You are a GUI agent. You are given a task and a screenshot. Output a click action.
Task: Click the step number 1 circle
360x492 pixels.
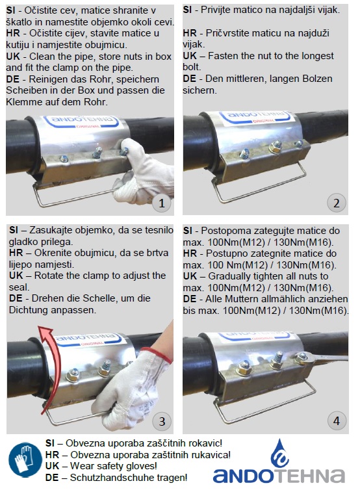(162, 203)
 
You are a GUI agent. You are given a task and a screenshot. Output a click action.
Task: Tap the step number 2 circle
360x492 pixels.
(337, 203)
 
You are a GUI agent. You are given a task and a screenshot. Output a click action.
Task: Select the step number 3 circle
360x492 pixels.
(162, 421)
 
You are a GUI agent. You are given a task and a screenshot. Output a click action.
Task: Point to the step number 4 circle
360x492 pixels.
(337, 421)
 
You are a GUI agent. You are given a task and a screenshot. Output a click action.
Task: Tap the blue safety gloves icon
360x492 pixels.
(25, 460)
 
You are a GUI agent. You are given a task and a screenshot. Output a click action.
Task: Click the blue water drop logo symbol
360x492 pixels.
(279, 454)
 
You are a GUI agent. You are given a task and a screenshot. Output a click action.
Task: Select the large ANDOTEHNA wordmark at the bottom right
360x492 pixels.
(279, 476)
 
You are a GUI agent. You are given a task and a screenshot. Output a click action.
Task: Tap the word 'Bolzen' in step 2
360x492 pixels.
(318, 79)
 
